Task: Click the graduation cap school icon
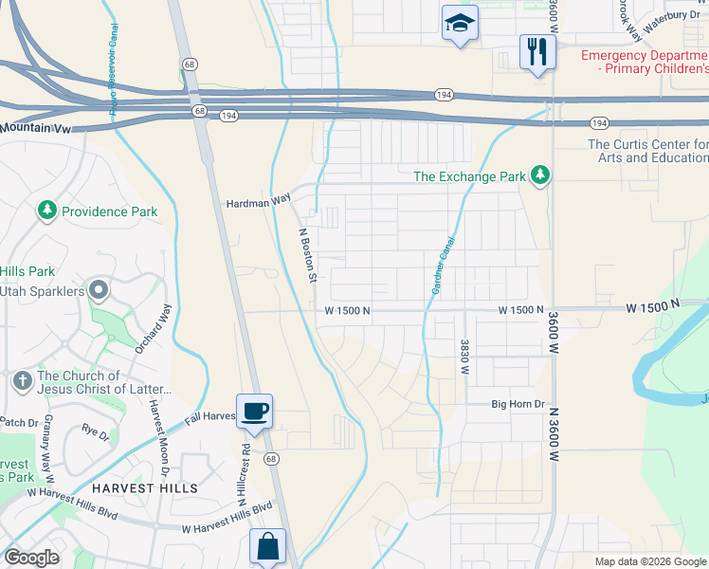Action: point(460,24)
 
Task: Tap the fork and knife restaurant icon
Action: point(537,52)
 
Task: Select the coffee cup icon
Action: point(254,412)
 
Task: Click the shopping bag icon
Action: point(267,547)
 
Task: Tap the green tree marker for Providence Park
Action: point(46,211)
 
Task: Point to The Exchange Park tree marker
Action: point(540,175)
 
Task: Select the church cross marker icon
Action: point(23,381)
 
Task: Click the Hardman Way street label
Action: point(258,203)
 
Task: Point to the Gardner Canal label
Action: point(439,265)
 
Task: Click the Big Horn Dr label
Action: point(518,404)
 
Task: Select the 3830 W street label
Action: point(464,357)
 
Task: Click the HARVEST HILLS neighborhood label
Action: point(145,488)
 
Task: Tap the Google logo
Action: point(31,557)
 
